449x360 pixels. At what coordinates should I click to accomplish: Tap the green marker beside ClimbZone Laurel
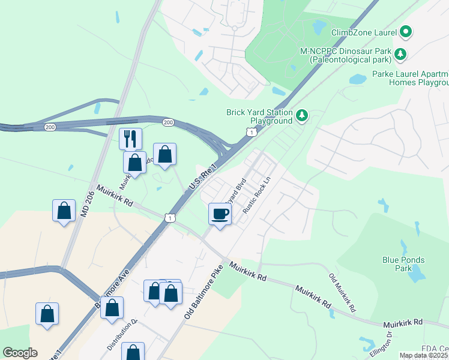pos(406,31)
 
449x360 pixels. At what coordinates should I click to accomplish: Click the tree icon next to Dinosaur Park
pos(400,55)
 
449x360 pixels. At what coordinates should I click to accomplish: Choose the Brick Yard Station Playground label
pos(259,116)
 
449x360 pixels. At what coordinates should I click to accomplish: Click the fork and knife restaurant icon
pos(130,139)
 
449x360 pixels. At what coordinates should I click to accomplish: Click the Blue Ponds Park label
pos(403,264)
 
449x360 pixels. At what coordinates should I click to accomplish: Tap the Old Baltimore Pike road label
pos(200,293)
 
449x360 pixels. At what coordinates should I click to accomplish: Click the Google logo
pos(20,353)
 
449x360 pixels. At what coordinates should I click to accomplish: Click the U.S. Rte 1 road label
pos(201,179)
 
